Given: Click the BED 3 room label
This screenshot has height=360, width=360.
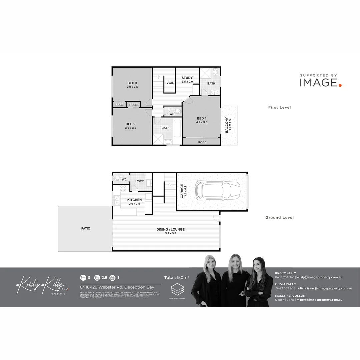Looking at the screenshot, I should [x=132, y=83].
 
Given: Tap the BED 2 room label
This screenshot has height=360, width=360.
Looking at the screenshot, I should [x=130, y=124].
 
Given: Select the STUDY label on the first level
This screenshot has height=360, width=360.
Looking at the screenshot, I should [x=187, y=78].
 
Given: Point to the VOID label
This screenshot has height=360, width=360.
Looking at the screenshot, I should [x=171, y=83].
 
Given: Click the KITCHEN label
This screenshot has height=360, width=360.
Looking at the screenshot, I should [x=134, y=200].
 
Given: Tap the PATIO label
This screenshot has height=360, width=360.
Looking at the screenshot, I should [x=86, y=229].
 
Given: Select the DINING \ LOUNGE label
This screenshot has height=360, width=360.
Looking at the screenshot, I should [x=170, y=230].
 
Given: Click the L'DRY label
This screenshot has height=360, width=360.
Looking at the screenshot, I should [x=139, y=181].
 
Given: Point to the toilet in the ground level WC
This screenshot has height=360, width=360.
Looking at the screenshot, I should [x=117, y=178].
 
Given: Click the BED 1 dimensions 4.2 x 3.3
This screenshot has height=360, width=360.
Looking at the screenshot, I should [x=202, y=122].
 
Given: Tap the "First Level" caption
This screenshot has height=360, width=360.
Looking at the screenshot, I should [x=279, y=107].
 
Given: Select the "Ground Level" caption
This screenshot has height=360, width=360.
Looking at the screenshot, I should [x=279, y=218].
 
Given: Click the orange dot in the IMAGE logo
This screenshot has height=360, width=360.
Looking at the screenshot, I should [x=340, y=85].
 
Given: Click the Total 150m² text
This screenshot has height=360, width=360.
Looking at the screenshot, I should [x=176, y=277].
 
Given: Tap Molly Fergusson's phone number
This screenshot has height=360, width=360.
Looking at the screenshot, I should [x=284, y=300].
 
